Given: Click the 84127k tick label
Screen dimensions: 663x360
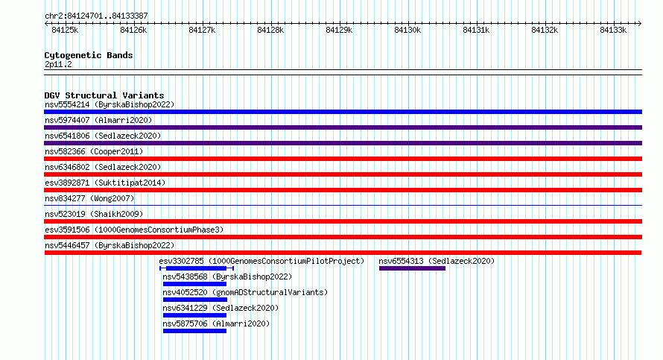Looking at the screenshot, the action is [x=202, y=30].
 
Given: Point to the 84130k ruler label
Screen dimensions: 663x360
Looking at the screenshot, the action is [x=407, y=30].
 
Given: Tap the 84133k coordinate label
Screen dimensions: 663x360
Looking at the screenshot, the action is [x=613, y=30].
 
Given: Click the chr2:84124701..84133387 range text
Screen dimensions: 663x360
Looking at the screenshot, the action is [x=96, y=16].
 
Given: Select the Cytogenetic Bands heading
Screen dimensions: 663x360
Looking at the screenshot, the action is [x=89, y=55].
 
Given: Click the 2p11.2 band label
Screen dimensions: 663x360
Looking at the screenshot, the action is [x=58, y=65].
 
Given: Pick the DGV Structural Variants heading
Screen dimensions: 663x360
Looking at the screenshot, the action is [x=104, y=95].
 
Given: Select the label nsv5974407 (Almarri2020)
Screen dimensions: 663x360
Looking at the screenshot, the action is [x=98, y=120].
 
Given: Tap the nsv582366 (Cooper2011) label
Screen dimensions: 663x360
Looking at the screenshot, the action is [x=94, y=151].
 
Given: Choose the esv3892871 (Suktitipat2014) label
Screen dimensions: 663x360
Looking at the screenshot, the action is [x=105, y=183].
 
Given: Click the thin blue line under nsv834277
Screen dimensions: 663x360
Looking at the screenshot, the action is [x=343, y=206].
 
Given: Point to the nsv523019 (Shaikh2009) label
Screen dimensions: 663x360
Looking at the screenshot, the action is [x=94, y=214].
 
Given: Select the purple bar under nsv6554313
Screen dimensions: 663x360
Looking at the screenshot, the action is [x=412, y=268].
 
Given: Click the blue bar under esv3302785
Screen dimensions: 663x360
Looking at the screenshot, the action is [x=197, y=268].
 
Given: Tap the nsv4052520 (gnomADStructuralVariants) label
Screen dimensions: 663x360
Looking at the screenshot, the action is [x=245, y=292].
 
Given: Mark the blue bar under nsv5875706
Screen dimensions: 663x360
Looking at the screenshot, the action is [x=194, y=331].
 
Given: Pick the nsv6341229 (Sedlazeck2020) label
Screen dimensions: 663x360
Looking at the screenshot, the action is [x=221, y=308].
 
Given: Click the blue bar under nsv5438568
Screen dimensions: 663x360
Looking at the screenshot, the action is [x=194, y=284].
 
